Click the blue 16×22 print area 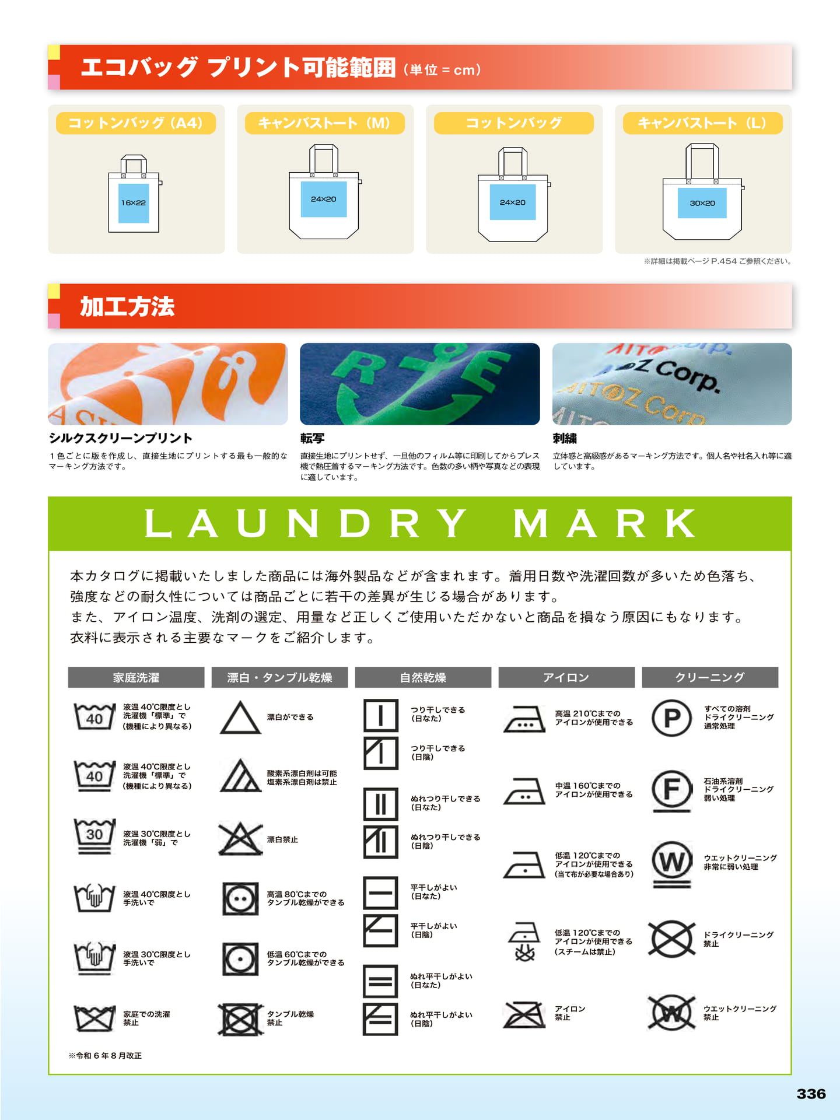coord(134,203)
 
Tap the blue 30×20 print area coord(702,203)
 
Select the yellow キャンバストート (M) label coord(324,123)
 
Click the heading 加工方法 coord(127,306)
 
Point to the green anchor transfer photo coord(420,384)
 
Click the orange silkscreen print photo coord(168,384)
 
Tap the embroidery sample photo coord(672,384)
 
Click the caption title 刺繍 coord(565,438)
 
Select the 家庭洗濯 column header coord(136,677)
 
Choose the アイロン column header coord(566,677)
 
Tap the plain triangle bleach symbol coord(240,717)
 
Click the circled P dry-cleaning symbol coord(672,717)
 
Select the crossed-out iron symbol coord(524,1015)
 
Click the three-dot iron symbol coord(524,719)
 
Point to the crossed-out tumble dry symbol coord(240,1019)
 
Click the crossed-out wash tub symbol coord(94,1019)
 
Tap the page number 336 coord(811,1094)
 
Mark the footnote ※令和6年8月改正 coord(105,1055)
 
